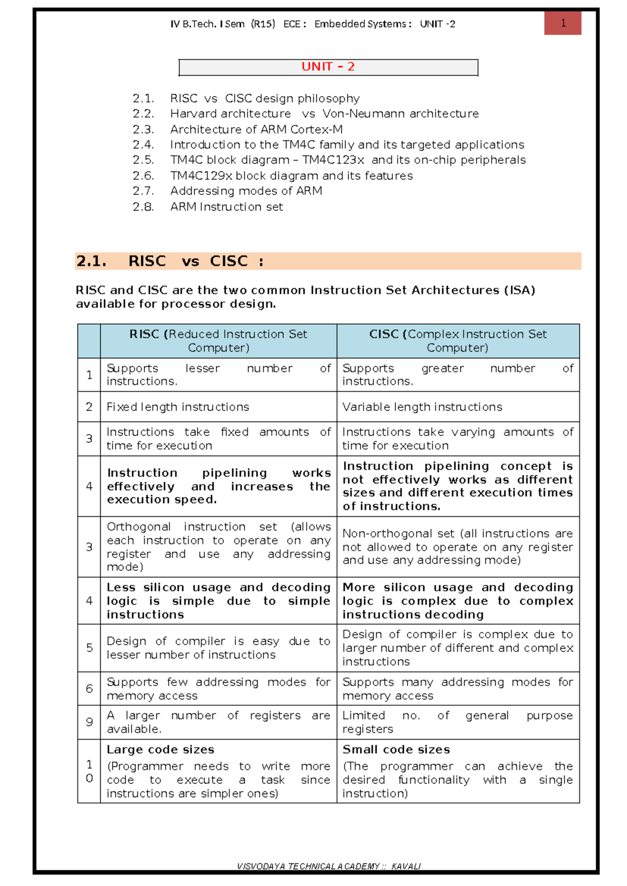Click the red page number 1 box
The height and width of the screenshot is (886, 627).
(563, 23)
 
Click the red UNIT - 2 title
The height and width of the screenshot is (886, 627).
(328, 67)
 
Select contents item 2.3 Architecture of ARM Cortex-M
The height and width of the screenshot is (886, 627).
(256, 129)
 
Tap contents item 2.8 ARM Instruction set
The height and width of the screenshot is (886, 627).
(226, 207)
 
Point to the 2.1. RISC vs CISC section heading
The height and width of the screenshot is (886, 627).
(170, 261)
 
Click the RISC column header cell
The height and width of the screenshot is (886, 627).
(218, 341)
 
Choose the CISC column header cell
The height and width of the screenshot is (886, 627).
(458, 341)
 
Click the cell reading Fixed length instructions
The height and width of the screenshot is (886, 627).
(178, 407)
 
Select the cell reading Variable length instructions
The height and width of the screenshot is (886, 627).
(422, 407)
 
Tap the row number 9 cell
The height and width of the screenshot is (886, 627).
(89, 722)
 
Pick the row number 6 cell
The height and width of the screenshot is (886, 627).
(89, 689)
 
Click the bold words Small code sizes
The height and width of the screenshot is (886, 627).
(396, 750)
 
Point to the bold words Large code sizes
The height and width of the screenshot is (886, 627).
(160, 750)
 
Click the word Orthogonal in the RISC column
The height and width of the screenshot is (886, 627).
(138, 527)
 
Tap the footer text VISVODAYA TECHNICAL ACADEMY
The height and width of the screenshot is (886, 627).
(308, 866)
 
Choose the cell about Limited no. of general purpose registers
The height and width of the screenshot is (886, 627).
(458, 722)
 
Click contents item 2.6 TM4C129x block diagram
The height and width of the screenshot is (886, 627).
(291, 176)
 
